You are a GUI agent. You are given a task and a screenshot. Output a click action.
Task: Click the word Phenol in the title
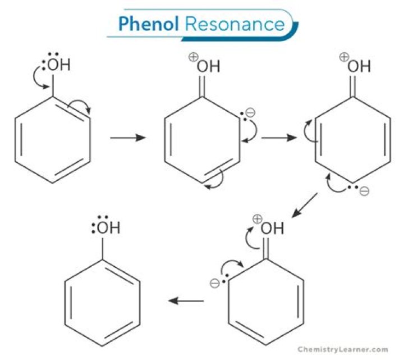[x=148, y=24]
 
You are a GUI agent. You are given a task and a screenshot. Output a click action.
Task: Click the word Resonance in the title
[x=235, y=24]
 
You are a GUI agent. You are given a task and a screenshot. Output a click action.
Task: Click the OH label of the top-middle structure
[x=208, y=67]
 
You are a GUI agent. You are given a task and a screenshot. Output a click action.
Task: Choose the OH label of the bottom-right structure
[x=272, y=228]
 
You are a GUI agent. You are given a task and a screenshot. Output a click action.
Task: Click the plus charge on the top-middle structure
[x=193, y=57]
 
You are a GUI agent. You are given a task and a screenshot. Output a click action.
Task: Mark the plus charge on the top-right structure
[x=344, y=56]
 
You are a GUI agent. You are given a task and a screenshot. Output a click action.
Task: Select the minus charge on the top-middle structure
[x=250, y=113]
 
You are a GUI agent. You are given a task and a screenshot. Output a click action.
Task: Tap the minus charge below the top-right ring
[x=364, y=192]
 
